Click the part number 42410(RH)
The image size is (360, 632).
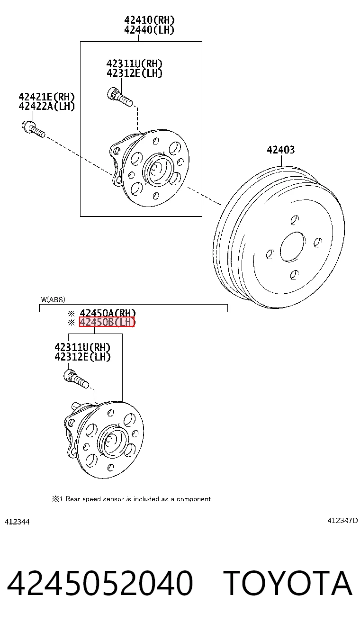click(x=149, y=20)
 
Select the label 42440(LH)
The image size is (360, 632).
click(x=149, y=30)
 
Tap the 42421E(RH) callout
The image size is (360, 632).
click(x=46, y=97)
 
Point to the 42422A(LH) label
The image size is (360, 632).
click(x=46, y=107)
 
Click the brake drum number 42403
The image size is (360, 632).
click(x=281, y=150)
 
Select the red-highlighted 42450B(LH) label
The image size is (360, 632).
click(x=107, y=322)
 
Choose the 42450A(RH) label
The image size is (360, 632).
click(x=108, y=313)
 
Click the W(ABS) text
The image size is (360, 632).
click(x=53, y=299)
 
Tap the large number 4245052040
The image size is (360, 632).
click(x=100, y=584)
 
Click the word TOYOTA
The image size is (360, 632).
click(x=288, y=583)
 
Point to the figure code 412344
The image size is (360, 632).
click(x=17, y=522)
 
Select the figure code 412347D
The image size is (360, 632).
click(x=342, y=520)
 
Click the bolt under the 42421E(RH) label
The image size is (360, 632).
click(x=33, y=129)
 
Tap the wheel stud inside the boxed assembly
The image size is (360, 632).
click(x=120, y=97)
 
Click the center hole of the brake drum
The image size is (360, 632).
click(x=293, y=246)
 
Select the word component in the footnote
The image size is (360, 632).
click(x=194, y=499)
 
